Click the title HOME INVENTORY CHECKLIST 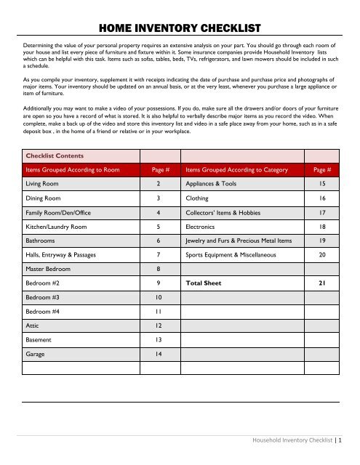[x=180, y=28]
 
